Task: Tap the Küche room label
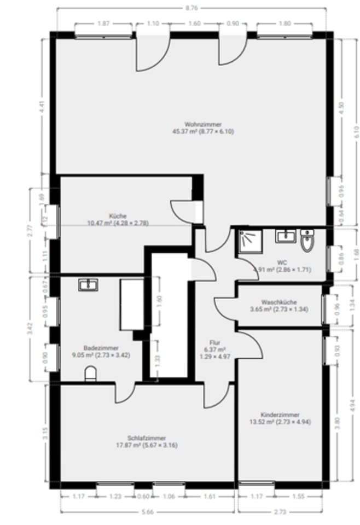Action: tap(118, 216)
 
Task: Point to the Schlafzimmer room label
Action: tap(146, 438)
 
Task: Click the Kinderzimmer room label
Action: tap(280, 415)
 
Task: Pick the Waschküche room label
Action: tap(279, 302)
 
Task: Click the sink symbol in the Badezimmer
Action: tap(88, 284)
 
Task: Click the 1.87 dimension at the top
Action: tap(102, 24)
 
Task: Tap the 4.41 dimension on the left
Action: tap(41, 107)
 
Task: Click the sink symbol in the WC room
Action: tap(285, 236)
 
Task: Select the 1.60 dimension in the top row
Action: tap(194, 24)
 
